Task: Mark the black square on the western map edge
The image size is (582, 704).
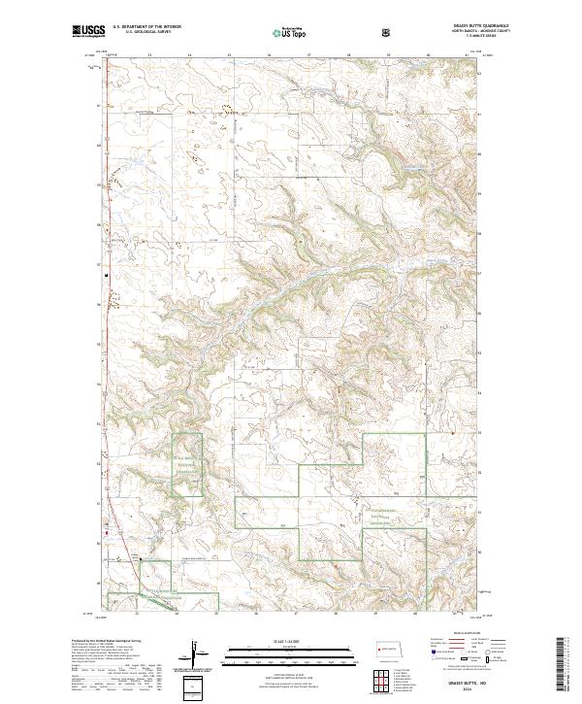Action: [x=106, y=273]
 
